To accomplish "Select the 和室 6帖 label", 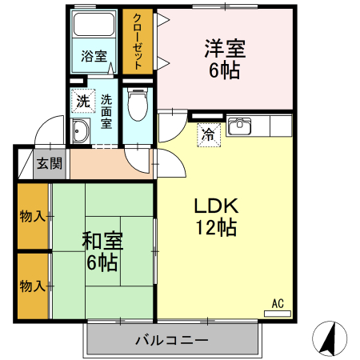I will [x=102, y=250].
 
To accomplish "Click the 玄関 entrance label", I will [x=50, y=164].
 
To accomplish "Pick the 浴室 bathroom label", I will [x=94, y=56].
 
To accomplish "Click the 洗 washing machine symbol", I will [x=83, y=102].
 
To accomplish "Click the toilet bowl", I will [x=138, y=104].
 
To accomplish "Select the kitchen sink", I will [x=239, y=126].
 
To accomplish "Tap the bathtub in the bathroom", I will [x=95, y=26].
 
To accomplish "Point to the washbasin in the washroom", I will [x=81, y=132].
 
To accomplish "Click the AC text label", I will [x=278, y=303].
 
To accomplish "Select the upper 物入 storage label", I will [x=32, y=216].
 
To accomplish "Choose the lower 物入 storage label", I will [x=32, y=286].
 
